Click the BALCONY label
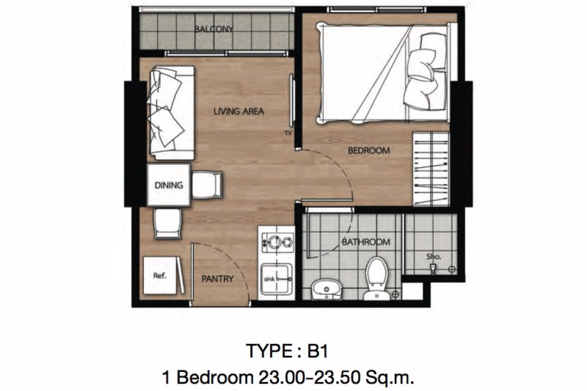point(214,29)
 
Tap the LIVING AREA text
point(238,111)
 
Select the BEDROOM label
point(369,150)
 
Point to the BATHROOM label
point(365,242)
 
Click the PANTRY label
point(217,279)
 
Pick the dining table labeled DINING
point(169,185)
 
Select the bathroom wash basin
point(327,289)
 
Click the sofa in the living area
point(172,113)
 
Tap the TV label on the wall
point(288,133)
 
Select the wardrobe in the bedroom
point(431,169)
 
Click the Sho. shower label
point(434,257)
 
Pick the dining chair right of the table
point(207,184)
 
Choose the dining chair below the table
point(168,223)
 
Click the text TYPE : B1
point(287,351)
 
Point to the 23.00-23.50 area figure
point(317,378)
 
